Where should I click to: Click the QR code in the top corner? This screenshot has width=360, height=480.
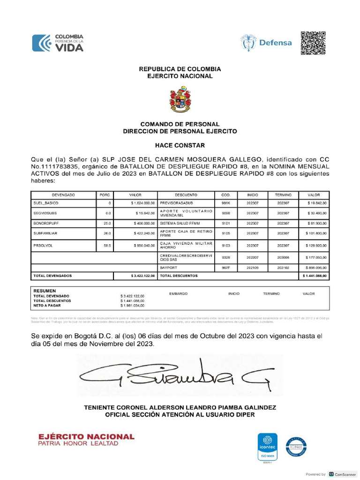pos(313,43)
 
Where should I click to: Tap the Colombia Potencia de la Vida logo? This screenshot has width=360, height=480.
pos(58,43)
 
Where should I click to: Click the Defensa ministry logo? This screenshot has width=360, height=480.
pos(266,43)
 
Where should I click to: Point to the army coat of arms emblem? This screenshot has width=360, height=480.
pos(180,99)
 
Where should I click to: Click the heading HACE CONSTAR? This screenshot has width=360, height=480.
pos(180,146)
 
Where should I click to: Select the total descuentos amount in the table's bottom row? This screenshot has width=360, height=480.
pos(313,276)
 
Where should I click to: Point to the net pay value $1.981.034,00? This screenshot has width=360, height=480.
pos(132,306)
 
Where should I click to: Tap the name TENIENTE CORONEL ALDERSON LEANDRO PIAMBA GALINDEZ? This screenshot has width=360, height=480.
pos(180,407)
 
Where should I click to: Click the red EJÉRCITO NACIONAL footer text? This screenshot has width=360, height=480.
pos(86,436)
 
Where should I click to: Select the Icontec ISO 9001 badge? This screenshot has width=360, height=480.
pos(268,446)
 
